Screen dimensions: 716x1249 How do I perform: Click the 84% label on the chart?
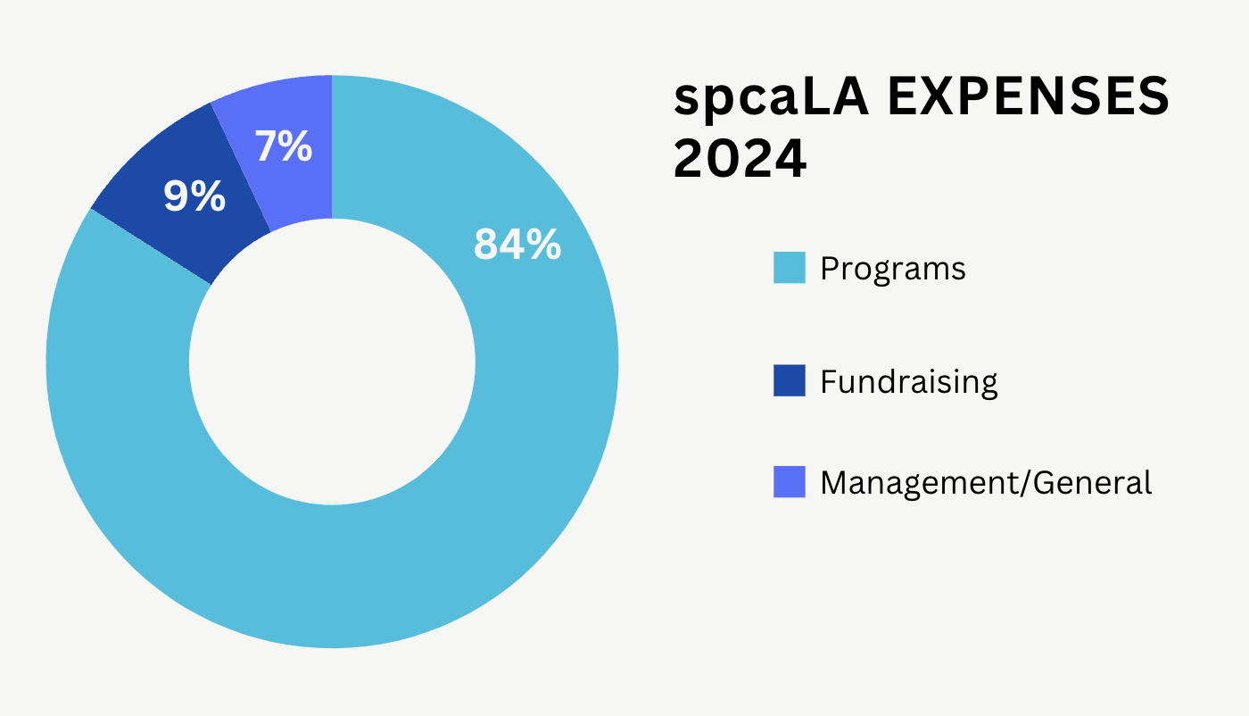[517, 244]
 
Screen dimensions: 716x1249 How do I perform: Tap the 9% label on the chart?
[194, 197]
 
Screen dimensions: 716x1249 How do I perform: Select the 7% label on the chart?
[284, 147]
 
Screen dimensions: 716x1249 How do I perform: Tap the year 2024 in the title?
[740, 159]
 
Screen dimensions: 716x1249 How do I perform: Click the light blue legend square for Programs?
[790, 268]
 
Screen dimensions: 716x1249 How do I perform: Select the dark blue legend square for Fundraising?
[790, 381]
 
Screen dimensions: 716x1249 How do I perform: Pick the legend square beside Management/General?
[790, 482]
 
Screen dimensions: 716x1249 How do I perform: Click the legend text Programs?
[892, 269]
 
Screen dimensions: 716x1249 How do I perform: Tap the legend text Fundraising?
[908, 382]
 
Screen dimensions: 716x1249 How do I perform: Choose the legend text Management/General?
[986, 483]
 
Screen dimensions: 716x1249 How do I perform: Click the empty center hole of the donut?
[332, 362]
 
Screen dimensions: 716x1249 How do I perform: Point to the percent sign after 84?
[543, 244]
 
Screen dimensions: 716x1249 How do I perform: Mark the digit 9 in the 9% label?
[176, 197]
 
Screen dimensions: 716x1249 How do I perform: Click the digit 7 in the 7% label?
[267, 147]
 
